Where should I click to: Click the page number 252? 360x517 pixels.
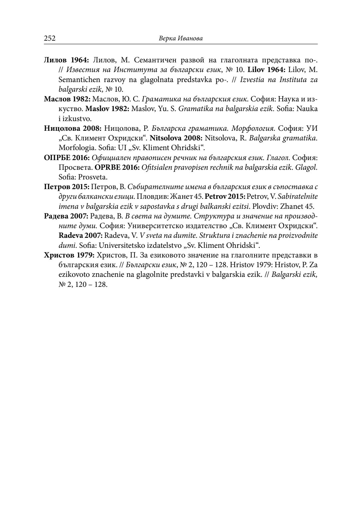pos(50,38)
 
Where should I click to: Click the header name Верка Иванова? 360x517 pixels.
pos(181,38)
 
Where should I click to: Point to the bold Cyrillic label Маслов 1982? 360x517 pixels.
pos(67,99)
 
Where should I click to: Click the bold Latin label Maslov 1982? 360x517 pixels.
pos(107,109)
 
